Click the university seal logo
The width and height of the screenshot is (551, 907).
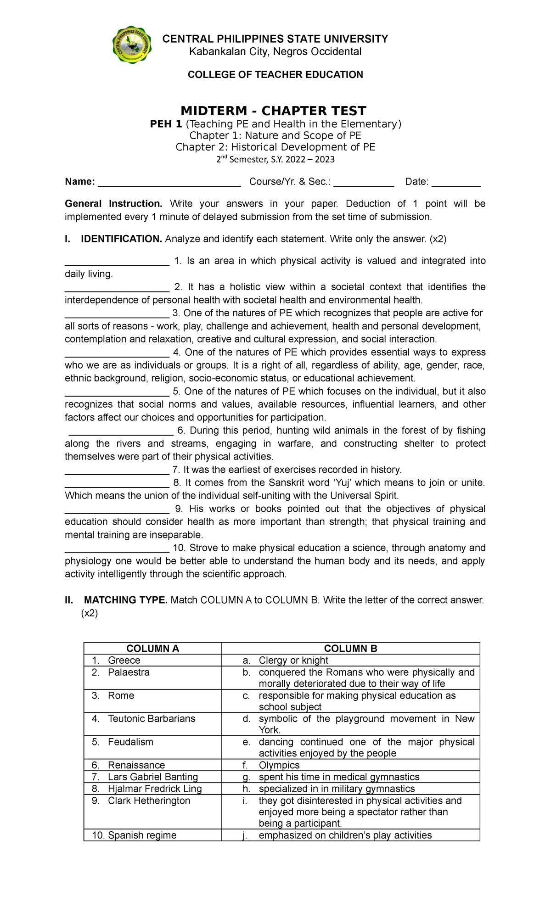132,45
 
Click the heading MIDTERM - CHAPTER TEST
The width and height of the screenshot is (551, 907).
273,111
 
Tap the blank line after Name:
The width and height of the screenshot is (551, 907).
169,183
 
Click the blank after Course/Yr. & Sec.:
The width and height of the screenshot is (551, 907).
364,183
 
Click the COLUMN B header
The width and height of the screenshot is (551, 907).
350,648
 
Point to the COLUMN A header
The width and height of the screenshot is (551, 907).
152,648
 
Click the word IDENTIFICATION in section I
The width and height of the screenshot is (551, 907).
121,239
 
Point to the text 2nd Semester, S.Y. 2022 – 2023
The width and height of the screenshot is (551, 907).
275,160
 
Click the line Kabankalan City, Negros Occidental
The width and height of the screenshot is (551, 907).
275,51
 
